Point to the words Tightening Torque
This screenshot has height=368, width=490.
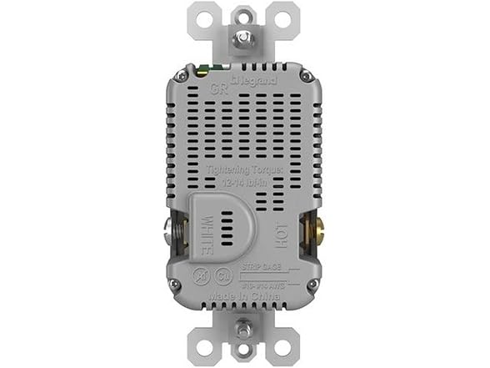tap(245, 170)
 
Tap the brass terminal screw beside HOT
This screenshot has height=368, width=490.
tap(314, 232)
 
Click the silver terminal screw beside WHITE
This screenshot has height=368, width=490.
tap(173, 233)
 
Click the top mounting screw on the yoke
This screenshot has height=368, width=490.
tap(244, 38)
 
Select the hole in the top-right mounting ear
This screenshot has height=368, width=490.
tap(283, 18)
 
